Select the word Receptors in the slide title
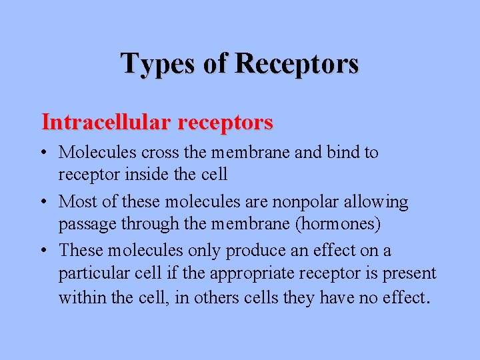click(297, 64)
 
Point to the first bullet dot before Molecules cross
click(44, 153)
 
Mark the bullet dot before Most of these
click(44, 202)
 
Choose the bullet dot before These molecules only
click(44, 251)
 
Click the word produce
click(253, 251)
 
